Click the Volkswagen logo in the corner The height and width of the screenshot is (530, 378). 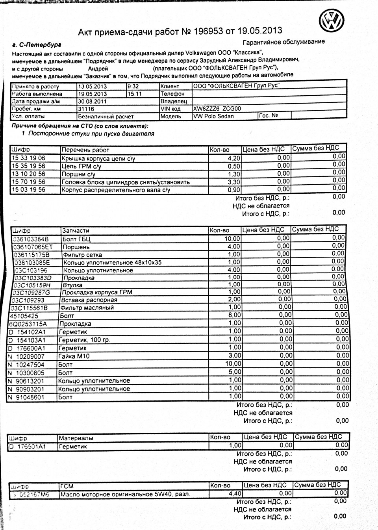331,20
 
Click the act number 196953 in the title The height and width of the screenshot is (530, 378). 208,31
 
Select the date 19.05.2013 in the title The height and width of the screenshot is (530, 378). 260,31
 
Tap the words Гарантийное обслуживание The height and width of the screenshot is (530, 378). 283,42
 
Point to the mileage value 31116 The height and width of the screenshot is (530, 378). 86,109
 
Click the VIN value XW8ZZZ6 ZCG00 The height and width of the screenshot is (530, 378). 217,109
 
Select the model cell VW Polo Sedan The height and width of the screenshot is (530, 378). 213,116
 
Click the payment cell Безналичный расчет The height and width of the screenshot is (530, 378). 106,117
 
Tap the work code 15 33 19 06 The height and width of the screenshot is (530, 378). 28,158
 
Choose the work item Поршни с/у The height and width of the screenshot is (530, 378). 78,174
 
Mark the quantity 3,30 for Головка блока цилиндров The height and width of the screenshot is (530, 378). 234,182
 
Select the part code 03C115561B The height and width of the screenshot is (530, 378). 30,308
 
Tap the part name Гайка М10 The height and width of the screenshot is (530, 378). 74,356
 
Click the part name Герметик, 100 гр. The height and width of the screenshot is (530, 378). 84,340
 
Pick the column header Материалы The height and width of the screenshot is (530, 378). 76,438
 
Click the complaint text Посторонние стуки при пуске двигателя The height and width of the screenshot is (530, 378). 91,134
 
